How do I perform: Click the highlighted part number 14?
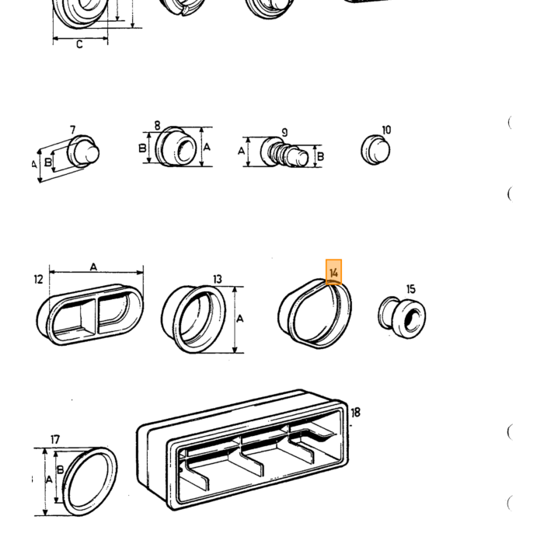pos(333,272)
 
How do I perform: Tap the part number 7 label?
pos(72,130)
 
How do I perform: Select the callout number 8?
pos(157,125)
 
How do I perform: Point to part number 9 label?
pos(285,133)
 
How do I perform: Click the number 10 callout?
pos(386,130)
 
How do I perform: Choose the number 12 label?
pos(39,279)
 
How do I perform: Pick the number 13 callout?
pos(217,279)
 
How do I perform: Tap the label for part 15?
pos(410,289)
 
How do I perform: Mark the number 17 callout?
pos(55,440)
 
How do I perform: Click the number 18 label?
pos(356,413)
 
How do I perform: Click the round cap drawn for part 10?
pos(375,150)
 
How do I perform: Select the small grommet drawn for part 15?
pos(402,317)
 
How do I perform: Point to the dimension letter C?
pos(79,44)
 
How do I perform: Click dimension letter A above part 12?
pos(93,267)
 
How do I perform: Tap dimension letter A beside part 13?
pos(239,319)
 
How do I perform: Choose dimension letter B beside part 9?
pos(320,156)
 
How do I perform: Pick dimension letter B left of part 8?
pos(142,148)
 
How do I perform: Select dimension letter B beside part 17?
pos(61,469)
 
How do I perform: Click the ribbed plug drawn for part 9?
pos(284,152)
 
